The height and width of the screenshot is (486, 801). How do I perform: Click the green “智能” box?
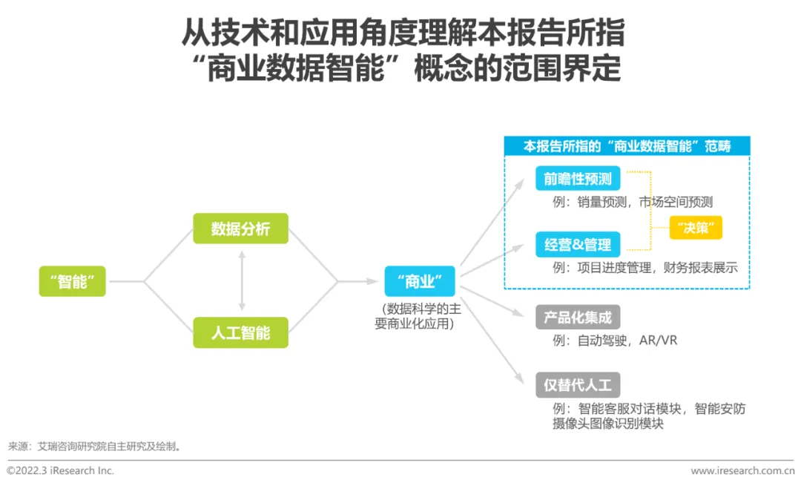click(x=73, y=281)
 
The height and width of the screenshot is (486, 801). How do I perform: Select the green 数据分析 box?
click(x=240, y=229)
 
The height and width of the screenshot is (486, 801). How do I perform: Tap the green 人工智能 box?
click(x=240, y=332)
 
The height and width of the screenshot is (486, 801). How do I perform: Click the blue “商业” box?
click(x=419, y=281)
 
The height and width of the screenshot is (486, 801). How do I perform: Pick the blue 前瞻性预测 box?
click(x=578, y=179)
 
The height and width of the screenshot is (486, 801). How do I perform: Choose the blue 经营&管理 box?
click(x=578, y=245)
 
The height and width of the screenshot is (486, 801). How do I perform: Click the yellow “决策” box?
click(x=695, y=228)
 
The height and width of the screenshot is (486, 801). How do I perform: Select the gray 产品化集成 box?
click(x=578, y=318)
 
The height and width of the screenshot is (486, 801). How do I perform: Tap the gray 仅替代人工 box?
click(x=578, y=385)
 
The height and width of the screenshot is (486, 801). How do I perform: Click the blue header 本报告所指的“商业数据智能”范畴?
click(x=627, y=146)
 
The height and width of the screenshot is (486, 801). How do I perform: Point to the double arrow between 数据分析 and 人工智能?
click(x=241, y=280)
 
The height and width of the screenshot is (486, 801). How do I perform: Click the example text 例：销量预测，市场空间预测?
click(x=632, y=202)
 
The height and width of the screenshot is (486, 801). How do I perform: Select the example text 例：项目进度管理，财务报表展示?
click(x=645, y=268)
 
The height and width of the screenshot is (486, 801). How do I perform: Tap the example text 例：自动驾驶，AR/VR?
click(x=615, y=341)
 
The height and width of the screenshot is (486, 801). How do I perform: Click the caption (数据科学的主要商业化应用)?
click(x=419, y=316)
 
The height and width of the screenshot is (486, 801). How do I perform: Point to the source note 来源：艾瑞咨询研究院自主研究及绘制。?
click(x=94, y=446)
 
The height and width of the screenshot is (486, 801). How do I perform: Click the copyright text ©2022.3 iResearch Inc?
click(x=60, y=470)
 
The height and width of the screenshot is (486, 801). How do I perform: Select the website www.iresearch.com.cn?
click(x=742, y=470)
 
